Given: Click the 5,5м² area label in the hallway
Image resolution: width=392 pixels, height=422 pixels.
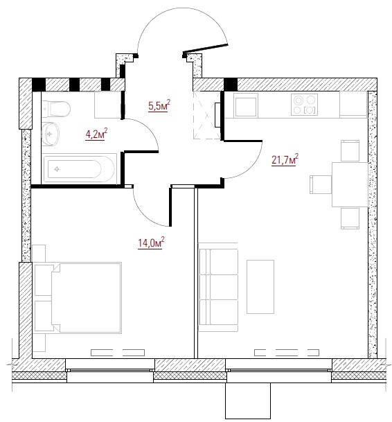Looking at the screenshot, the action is tap(159, 105).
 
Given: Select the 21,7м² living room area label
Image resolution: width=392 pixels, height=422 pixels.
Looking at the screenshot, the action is tap(285, 160).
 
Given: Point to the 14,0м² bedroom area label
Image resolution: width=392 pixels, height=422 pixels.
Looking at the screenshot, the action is tap(151, 243).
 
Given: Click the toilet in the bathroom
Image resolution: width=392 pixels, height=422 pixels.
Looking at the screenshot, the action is tap(56, 109).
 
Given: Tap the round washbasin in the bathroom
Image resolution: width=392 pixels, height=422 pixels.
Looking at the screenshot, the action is tap(51, 134).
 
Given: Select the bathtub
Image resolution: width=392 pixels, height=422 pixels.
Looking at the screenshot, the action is tap(80, 169).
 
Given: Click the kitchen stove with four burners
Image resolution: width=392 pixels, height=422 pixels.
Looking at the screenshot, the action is tap(304, 105).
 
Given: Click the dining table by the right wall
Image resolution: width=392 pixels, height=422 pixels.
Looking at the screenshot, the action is tap(350, 184).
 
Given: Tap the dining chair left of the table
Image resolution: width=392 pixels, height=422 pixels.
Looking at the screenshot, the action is tap(321, 184).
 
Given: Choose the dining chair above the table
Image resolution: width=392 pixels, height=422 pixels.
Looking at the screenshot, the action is tap(350, 151).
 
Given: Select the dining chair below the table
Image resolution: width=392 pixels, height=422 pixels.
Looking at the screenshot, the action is tap(350, 218).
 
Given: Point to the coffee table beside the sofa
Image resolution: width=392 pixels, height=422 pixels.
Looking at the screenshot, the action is tap(260, 287).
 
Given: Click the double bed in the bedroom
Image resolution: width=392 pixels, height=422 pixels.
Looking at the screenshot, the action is tap(78, 298).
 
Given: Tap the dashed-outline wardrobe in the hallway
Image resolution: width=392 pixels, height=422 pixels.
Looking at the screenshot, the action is tap(207, 115).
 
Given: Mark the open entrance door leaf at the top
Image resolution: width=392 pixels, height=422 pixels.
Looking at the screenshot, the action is tap(206, 49).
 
